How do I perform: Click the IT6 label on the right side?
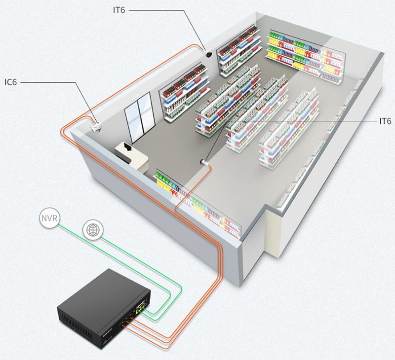tap(385, 121)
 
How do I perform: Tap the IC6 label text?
tap(10, 82)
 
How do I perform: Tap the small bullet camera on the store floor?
tap(202, 162)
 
